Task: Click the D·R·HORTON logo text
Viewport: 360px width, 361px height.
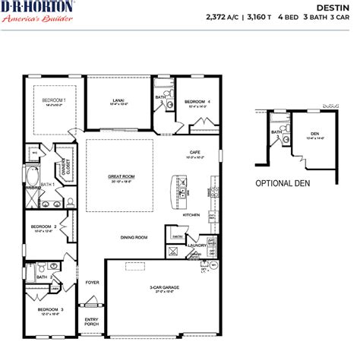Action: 37,8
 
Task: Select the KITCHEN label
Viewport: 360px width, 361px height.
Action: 191,215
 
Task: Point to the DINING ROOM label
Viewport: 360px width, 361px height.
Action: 134,237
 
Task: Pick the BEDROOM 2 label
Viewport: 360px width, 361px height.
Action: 43,226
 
